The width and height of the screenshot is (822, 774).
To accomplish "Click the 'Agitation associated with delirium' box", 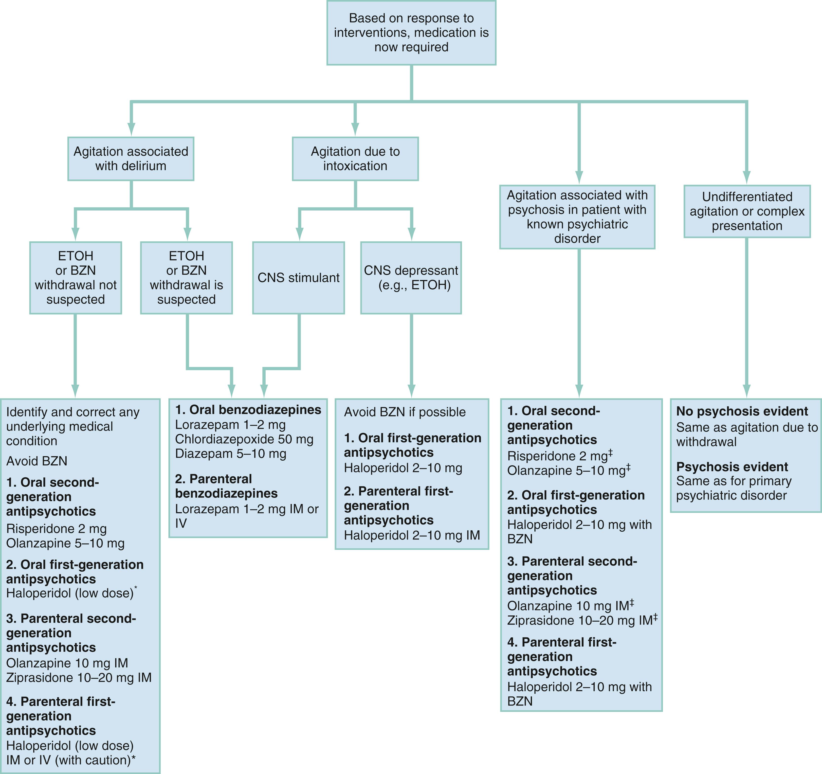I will tap(131, 159).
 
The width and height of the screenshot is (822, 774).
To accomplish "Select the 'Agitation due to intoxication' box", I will tap(355, 159).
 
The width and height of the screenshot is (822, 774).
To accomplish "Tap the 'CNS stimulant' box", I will tap(298, 278).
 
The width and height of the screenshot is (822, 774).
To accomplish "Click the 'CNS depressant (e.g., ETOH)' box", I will tap(411, 278).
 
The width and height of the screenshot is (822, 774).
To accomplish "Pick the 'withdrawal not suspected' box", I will tap(76, 278).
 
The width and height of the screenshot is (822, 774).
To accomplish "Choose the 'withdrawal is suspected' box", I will tap(186, 278).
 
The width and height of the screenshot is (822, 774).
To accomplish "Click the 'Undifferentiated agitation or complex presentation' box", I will tap(747, 211).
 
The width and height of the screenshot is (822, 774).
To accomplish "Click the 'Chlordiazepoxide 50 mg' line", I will tap(244, 439).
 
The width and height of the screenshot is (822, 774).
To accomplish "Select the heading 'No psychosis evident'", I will tap(742, 411).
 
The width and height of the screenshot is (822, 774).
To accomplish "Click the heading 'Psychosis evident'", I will tap(732, 467).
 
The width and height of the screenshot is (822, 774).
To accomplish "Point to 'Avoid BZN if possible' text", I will tap(404, 412).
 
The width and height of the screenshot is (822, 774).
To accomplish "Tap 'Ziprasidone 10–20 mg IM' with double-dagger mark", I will tap(582, 620).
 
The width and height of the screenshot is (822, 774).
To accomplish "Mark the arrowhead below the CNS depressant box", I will tap(411, 390).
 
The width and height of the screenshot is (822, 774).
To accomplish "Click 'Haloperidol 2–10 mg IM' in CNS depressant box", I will tap(412, 535).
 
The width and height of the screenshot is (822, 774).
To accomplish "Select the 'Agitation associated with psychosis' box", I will tap(577, 217).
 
